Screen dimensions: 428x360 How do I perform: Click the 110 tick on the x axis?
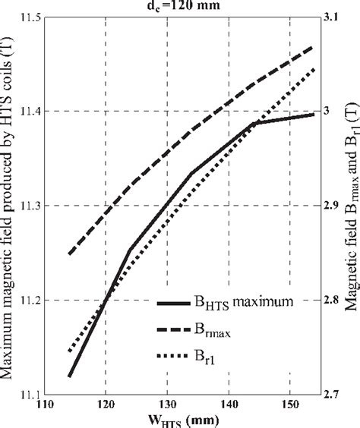point(45,405)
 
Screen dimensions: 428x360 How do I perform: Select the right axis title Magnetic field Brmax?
point(351,205)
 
